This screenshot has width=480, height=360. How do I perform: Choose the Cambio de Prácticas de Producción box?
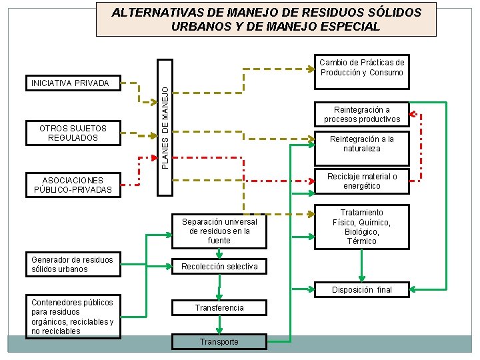(x=362, y=67)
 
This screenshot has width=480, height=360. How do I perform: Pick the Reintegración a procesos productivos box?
(x=362, y=115)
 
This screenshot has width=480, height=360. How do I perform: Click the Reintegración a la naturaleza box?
(x=362, y=144)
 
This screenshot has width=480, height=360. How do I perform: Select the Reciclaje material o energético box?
(x=362, y=181)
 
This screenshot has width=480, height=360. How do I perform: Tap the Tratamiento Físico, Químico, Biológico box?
(x=362, y=227)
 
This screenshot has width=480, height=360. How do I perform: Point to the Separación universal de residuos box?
(x=219, y=231)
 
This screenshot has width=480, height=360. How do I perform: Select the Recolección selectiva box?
(x=219, y=267)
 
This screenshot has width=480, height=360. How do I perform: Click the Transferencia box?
(x=219, y=308)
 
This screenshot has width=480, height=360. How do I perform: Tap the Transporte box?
(x=219, y=341)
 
